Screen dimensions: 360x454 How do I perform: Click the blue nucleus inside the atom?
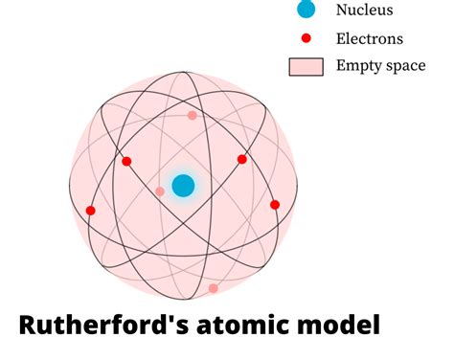point(183,186)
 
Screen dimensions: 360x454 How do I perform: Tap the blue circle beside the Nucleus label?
point(306,11)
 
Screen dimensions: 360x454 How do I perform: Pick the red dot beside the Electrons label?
point(306,39)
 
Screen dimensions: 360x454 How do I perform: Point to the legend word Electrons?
point(370,39)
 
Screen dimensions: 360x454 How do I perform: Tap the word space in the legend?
point(405,67)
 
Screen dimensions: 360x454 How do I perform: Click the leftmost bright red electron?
point(91,211)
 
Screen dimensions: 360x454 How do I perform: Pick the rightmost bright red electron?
point(275,205)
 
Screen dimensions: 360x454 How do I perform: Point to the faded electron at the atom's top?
point(193,115)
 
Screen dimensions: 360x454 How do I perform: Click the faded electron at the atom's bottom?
point(213,288)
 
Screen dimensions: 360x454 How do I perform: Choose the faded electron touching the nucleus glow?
point(160,191)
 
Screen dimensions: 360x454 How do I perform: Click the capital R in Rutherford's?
point(30,326)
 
